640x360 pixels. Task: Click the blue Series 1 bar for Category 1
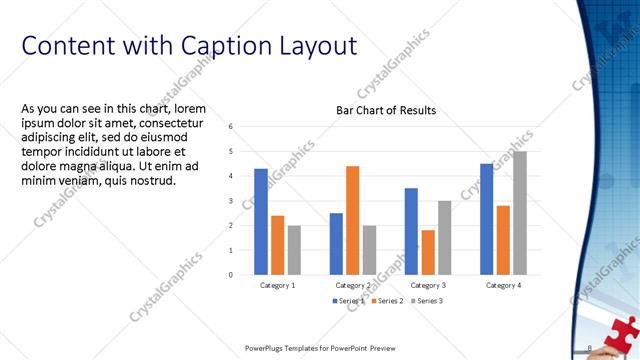[x=261, y=221]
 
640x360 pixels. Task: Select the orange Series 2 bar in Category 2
[x=352, y=220]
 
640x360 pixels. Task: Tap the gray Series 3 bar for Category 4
[x=519, y=213]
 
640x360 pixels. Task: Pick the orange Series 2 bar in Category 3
[x=427, y=252]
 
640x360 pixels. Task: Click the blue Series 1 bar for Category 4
[x=486, y=219]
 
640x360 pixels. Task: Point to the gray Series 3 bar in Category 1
[x=294, y=250]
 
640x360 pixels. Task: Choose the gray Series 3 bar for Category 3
[x=444, y=237]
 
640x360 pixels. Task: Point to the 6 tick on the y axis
[x=231, y=127]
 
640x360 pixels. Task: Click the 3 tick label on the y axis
[x=231, y=201]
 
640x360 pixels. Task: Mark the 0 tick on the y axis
[x=231, y=274]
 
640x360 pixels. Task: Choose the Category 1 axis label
[x=277, y=286]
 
